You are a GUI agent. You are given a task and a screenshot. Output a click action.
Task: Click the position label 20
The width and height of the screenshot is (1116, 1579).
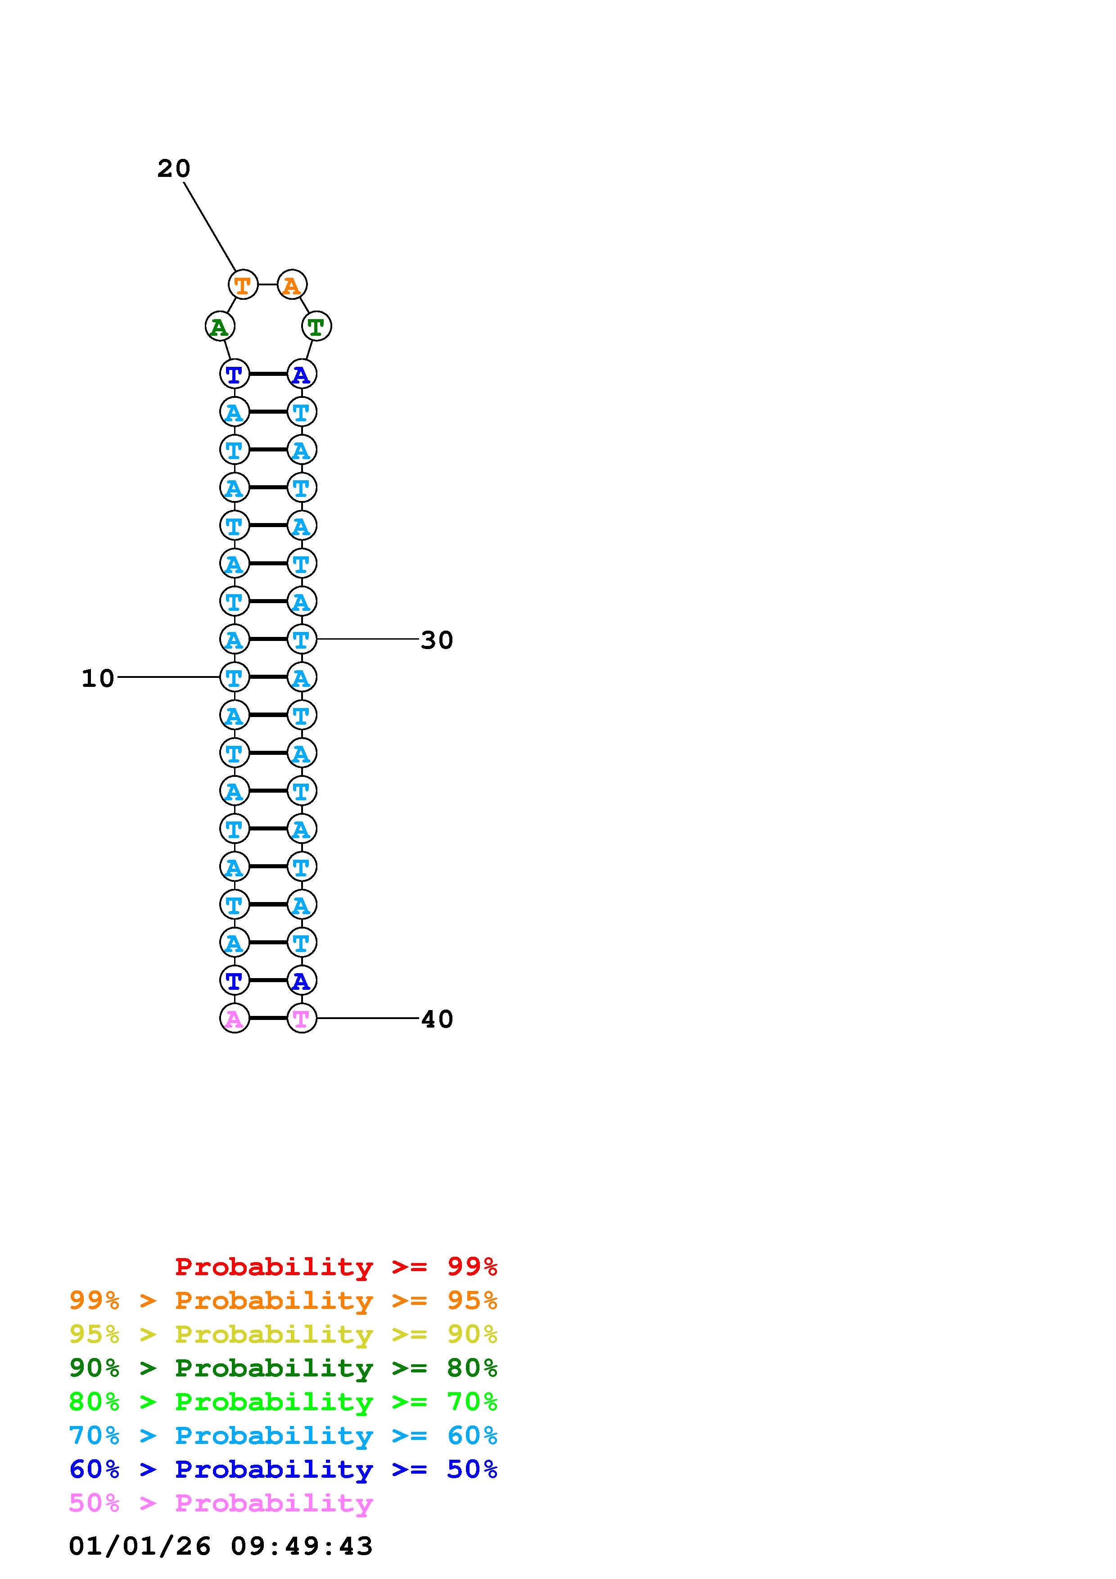173,168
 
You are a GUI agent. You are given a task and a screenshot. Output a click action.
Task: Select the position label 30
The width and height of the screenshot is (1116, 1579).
437,640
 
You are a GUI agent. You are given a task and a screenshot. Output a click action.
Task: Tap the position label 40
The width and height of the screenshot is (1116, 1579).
437,1019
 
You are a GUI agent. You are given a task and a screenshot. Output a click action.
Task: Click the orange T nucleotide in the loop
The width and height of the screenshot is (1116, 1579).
243,285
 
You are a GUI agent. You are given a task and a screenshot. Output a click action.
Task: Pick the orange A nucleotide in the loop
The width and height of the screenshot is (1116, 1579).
292,285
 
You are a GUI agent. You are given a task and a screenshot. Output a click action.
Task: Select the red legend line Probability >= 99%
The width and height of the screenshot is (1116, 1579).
335,1267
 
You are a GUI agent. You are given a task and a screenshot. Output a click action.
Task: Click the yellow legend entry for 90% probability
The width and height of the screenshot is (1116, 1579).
283,1334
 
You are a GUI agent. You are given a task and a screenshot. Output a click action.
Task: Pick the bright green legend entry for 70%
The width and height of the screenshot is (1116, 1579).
283,1402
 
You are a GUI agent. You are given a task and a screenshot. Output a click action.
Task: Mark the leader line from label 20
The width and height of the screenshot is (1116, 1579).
210,226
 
